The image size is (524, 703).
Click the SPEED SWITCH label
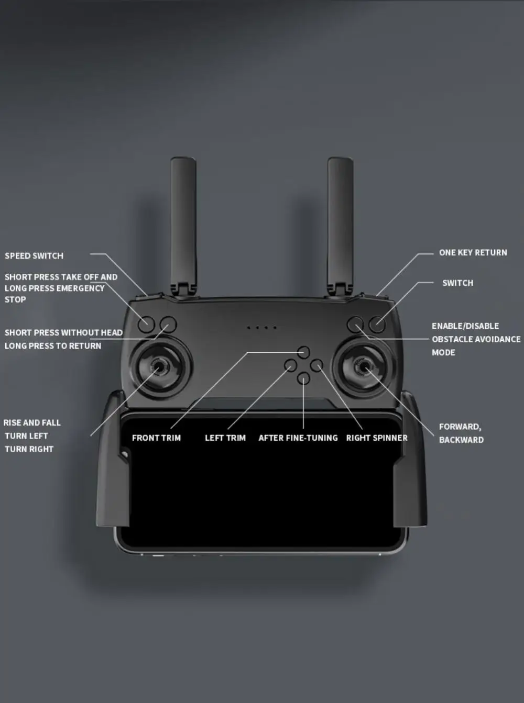[x=34, y=256]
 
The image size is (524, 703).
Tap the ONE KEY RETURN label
[x=473, y=252]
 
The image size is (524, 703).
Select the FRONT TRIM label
[x=156, y=438]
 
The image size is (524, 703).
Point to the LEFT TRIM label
[x=225, y=438]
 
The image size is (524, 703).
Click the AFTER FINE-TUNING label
[x=298, y=438]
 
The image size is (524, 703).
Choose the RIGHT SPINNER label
[x=376, y=438]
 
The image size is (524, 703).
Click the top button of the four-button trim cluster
[x=304, y=352]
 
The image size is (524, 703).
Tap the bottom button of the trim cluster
[x=304, y=378]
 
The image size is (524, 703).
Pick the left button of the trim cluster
[x=291, y=365]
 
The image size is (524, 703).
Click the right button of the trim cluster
[x=316, y=365]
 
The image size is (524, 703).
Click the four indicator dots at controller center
[x=261, y=328]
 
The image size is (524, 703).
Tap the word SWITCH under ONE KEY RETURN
[x=457, y=283]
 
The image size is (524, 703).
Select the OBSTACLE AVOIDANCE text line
[x=476, y=339]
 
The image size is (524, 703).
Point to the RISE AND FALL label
[x=32, y=422]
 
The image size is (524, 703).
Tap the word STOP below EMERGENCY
[x=15, y=299]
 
